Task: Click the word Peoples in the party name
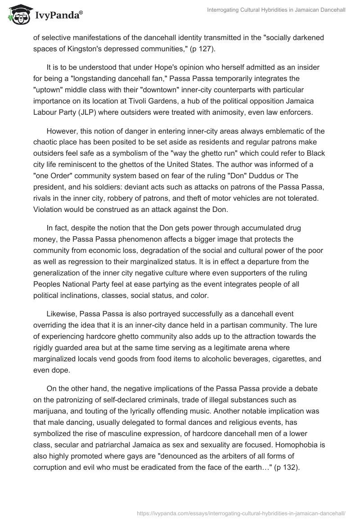click(x=48, y=285)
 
